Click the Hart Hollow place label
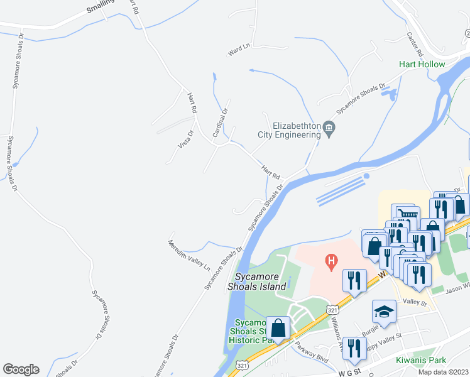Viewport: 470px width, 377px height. coord(422,64)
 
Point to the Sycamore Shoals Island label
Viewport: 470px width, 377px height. coord(261,281)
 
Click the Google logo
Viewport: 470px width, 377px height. coord(21,369)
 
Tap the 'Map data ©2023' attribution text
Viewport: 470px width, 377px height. coord(443,372)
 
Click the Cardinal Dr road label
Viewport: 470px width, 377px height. coord(219,123)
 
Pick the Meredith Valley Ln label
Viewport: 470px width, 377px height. coord(189,254)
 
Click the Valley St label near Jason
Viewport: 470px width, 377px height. coord(415,303)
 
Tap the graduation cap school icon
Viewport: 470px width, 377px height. coord(383,312)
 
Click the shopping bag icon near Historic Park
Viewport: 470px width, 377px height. coord(277,328)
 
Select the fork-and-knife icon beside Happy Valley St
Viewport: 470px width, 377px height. coord(355,348)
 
